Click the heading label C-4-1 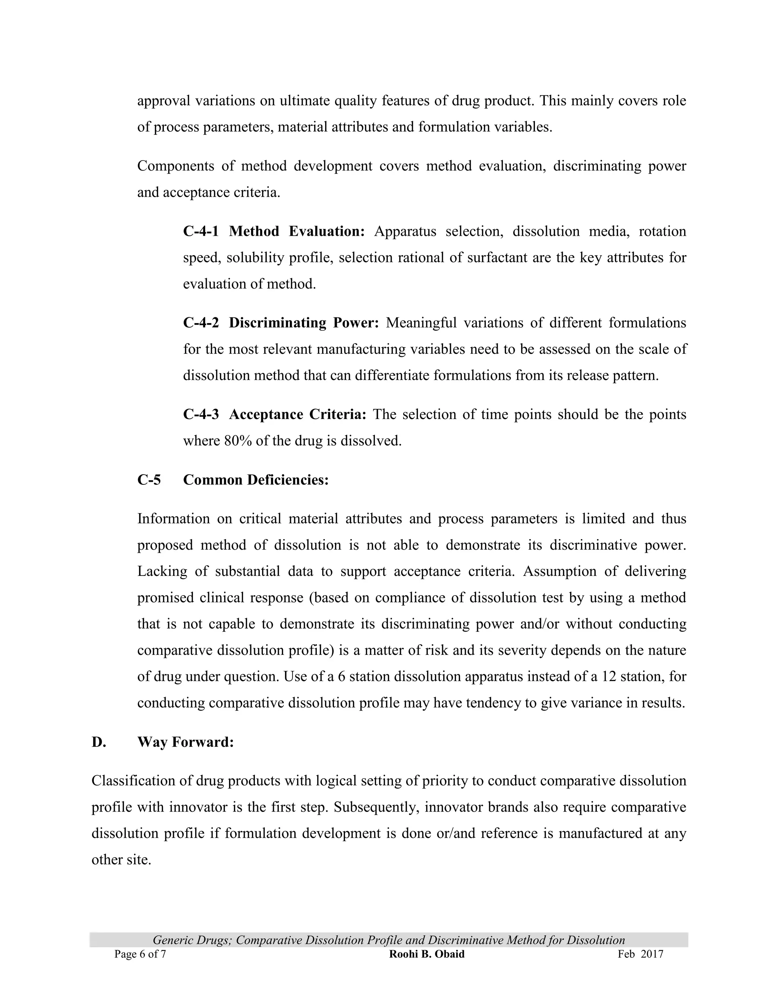[x=201, y=231]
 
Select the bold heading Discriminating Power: [x=304, y=323]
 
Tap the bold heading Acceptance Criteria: [x=297, y=415]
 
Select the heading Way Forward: [x=185, y=742]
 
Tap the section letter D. [x=99, y=742]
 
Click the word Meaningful [x=421, y=323]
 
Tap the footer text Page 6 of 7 [x=140, y=954]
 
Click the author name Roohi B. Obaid [x=427, y=954]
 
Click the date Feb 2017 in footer [x=640, y=954]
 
